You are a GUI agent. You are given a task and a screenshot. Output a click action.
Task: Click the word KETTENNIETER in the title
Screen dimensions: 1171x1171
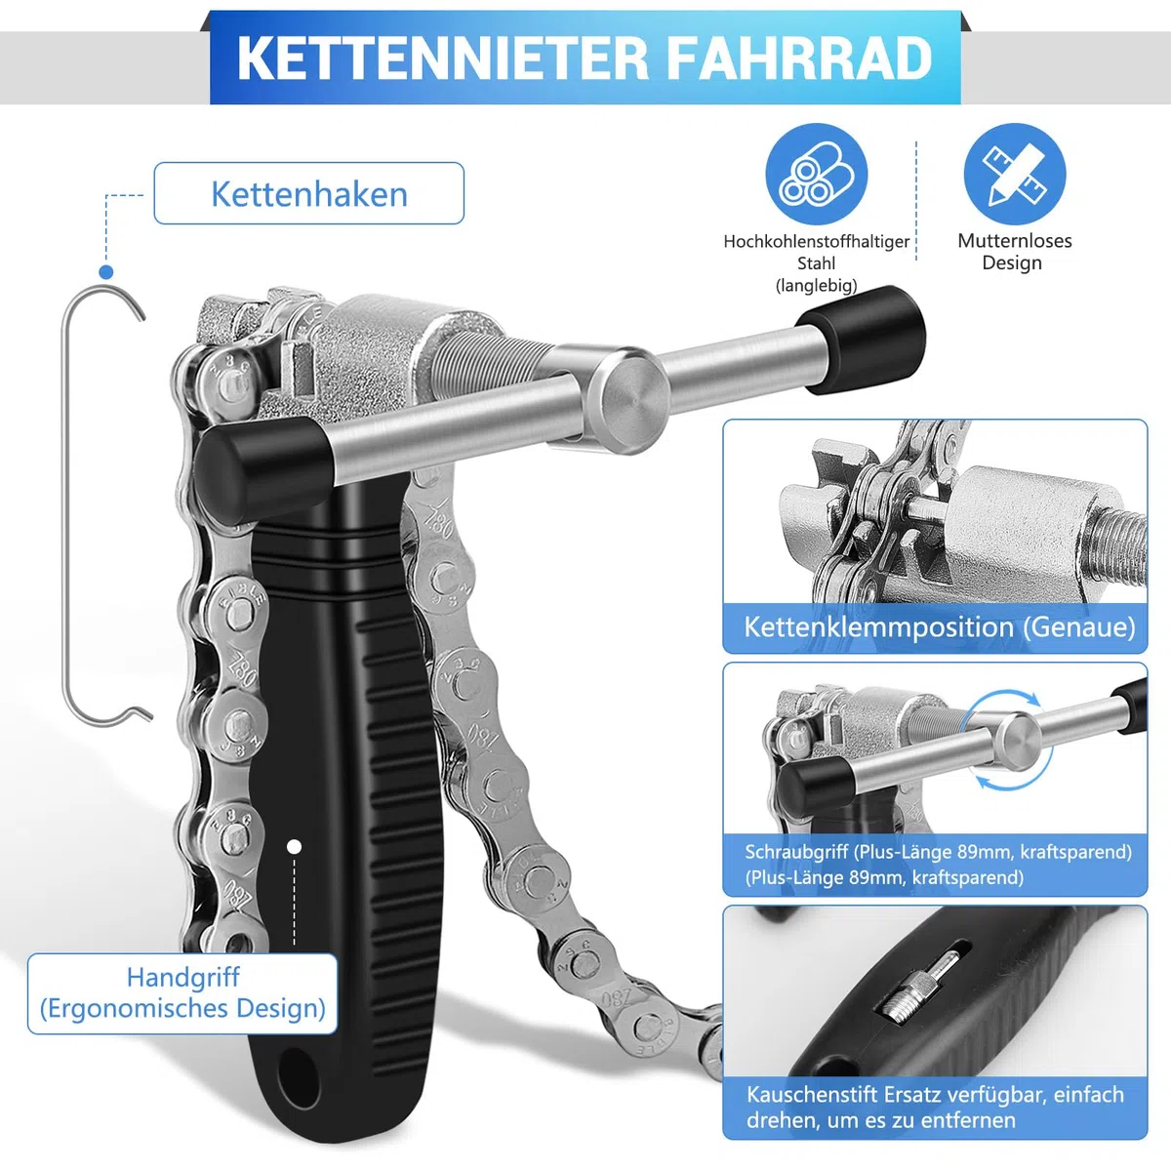[442, 59]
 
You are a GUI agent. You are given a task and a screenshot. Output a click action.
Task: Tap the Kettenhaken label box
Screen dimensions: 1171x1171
[309, 193]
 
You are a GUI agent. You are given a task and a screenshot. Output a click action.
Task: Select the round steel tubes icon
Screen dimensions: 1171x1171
[816, 174]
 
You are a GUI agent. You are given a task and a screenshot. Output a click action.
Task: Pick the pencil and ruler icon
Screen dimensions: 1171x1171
[1014, 174]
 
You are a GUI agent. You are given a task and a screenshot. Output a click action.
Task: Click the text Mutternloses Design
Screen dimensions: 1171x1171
[1014, 252]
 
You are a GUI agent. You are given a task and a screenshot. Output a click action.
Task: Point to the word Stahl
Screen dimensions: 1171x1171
[816, 263]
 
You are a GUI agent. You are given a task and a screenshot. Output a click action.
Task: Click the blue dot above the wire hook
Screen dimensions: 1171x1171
[106, 271]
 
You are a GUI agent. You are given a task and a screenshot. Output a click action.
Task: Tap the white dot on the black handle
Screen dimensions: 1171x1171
[294, 846]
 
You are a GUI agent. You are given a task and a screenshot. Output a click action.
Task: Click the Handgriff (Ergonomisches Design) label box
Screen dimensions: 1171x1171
[182, 993]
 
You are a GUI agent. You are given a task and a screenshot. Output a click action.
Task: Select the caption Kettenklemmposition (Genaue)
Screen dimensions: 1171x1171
[940, 627]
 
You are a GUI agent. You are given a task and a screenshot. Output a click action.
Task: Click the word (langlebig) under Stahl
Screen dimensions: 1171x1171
[816, 286]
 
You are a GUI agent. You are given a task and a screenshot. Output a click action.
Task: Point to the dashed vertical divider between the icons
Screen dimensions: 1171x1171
[915, 201]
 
